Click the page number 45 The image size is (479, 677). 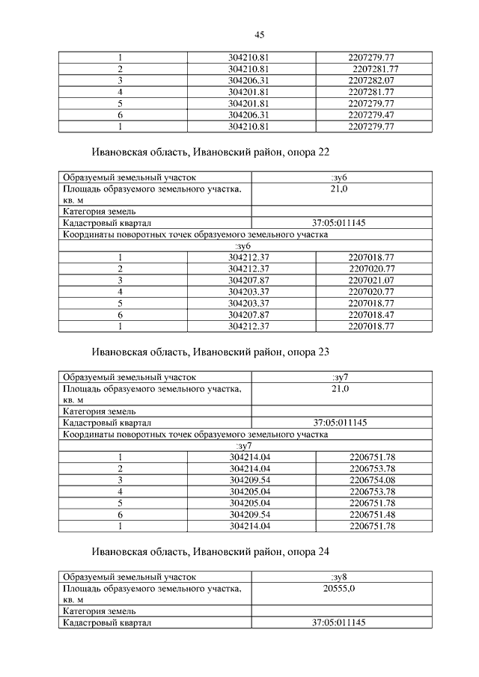260,34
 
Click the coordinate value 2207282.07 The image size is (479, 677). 372,80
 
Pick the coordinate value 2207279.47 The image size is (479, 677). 372,115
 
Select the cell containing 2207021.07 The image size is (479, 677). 372,280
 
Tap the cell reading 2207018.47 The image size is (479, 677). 372,315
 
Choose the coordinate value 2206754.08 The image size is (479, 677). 372,480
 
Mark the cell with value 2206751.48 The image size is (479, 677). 372,515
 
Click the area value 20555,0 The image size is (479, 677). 340,589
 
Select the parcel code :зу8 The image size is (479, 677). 340,578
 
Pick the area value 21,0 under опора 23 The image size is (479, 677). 340,390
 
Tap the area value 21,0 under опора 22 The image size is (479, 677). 340,190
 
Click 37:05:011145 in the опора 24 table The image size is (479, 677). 340,622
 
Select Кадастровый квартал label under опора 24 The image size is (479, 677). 108,622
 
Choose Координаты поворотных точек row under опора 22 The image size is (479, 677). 195,234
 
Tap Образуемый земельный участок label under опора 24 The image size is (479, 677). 129,578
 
